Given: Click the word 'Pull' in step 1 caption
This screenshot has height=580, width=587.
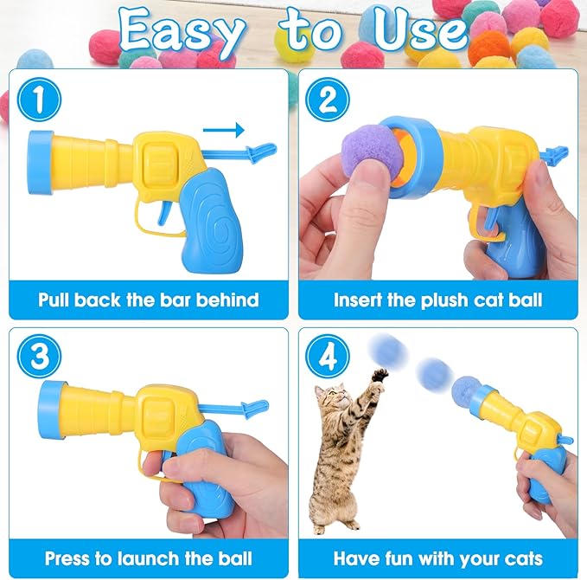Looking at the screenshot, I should [x=60, y=300].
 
